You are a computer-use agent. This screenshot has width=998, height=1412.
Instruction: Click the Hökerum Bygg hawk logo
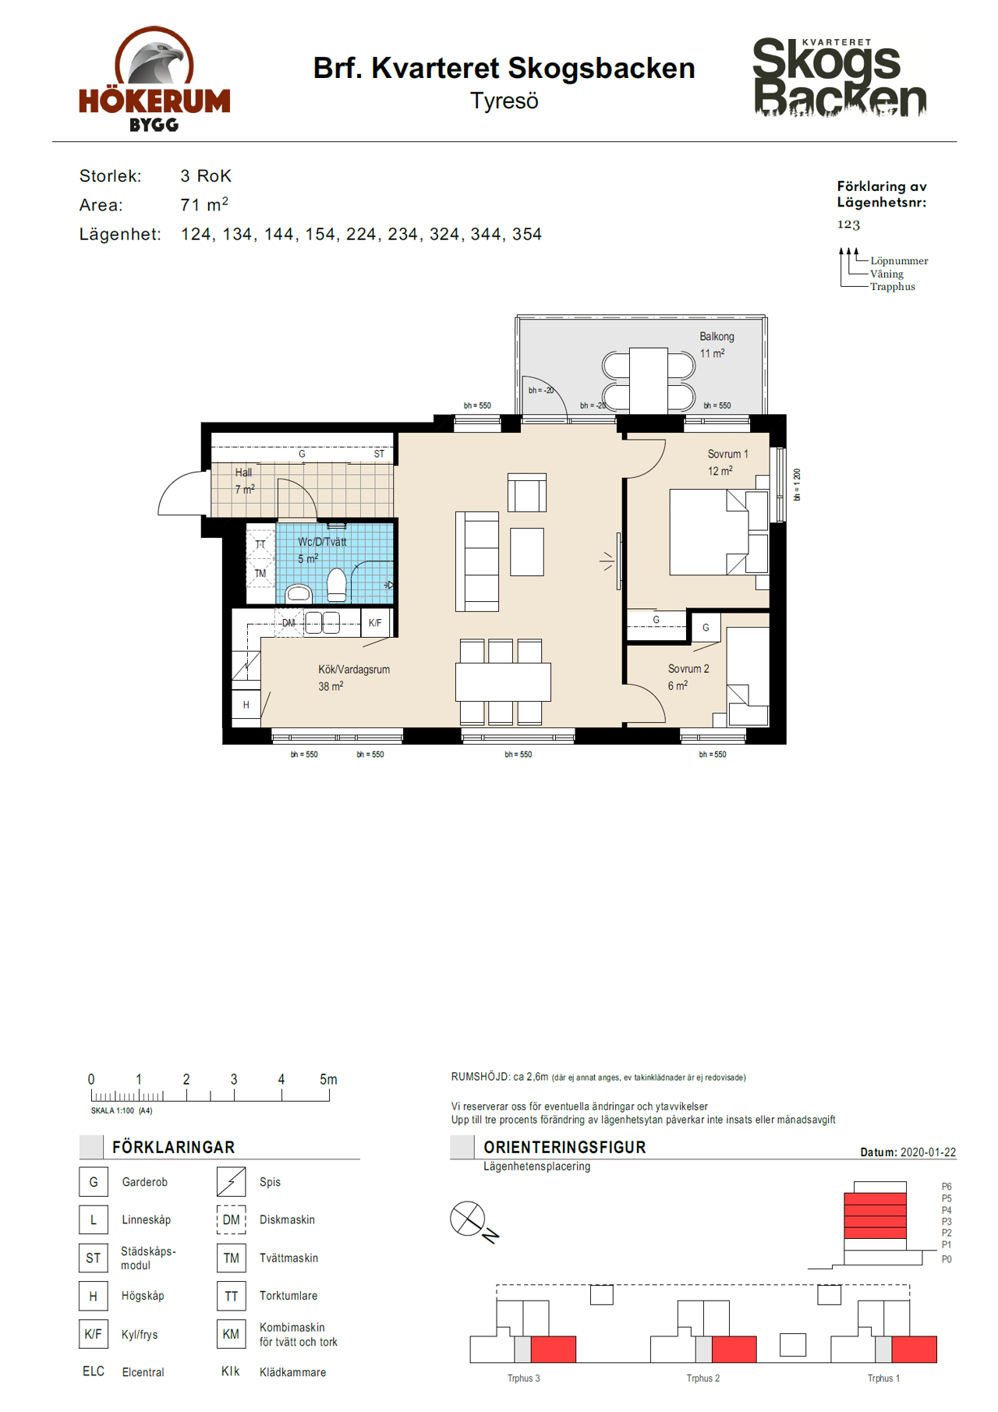[154, 78]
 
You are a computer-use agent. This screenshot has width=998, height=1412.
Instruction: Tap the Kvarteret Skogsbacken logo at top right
[840, 77]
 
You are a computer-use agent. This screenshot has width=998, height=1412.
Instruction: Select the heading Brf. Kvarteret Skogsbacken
[504, 69]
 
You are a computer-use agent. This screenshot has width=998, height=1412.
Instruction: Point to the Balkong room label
[717, 337]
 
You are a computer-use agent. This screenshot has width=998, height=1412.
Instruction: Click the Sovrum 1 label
[727, 454]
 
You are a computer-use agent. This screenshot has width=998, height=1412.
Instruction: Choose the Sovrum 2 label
[688, 669]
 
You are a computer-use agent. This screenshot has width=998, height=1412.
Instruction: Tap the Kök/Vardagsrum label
[354, 670]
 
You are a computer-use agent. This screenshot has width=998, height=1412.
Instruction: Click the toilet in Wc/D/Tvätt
[336, 585]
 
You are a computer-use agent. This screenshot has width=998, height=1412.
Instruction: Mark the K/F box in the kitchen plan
[375, 623]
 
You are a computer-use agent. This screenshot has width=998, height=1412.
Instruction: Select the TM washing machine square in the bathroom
[260, 574]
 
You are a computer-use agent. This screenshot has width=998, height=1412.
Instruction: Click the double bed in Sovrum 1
[719, 533]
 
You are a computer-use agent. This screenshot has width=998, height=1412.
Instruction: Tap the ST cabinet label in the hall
[379, 454]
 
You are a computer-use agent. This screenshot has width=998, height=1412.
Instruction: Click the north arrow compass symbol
[468, 1218]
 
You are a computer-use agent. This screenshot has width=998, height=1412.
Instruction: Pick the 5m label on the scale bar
[328, 1080]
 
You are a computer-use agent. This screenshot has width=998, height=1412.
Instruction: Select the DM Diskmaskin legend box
[231, 1219]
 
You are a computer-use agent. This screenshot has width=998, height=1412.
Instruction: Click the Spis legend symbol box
[231, 1182]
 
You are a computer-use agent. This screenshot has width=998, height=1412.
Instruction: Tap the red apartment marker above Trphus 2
[734, 1349]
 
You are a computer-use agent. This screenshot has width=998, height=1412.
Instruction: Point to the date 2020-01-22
[928, 1152]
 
